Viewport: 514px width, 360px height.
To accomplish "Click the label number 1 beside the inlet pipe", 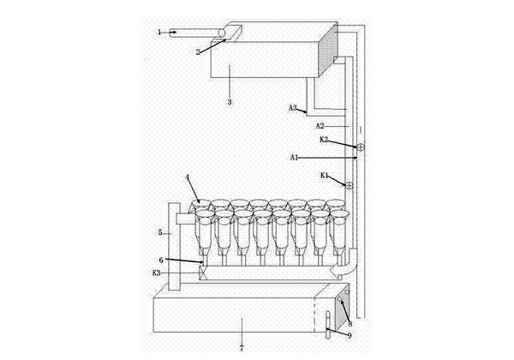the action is (159, 33).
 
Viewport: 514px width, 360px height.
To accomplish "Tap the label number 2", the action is (198, 51).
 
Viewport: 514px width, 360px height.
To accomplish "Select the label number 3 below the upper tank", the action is (230, 102).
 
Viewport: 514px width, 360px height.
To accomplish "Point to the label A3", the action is (293, 107).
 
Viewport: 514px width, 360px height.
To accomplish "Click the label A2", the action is (320, 126).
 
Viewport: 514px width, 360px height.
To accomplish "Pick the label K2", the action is (324, 140).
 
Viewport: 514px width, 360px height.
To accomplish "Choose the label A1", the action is (295, 158).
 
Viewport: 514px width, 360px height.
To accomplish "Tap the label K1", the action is (324, 176).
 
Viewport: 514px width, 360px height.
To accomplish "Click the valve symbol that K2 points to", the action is (361, 147).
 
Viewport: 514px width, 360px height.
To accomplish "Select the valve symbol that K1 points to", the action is (350, 186).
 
